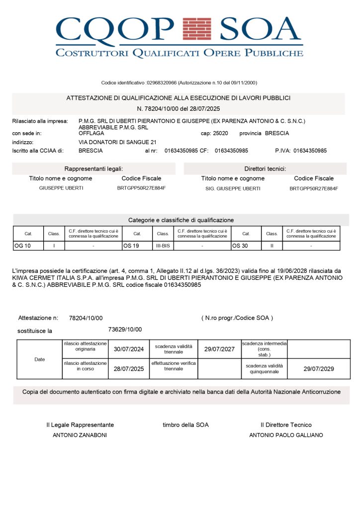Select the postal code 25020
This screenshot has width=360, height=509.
point(220,133)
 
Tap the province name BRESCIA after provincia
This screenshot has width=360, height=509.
point(277,133)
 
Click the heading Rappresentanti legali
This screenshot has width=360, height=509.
point(93,169)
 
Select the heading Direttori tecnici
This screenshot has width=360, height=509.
point(265,169)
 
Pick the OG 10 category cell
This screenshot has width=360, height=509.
point(22,246)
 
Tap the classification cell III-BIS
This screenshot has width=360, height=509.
point(163,246)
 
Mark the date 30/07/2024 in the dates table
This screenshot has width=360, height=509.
point(129,349)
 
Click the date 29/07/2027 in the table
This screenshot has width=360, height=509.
point(219,349)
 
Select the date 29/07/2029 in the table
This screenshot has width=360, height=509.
point(319,369)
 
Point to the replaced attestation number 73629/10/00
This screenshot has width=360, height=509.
point(125,329)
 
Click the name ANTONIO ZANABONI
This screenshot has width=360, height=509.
point(80,435)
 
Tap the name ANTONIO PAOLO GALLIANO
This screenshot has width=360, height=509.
point(286,435)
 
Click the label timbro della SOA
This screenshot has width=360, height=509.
point(185,425)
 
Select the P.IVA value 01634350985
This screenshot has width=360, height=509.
point(317,150)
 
